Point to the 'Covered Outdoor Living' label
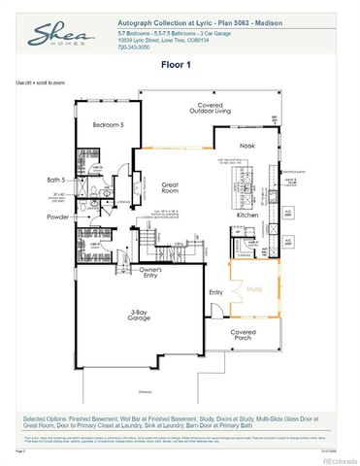(x=196, y=110)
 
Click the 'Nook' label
(x=246, y=146)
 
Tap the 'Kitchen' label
(x=246, y=228)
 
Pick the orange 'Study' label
(x=254, y=288)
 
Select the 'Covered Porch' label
(x=244, y=335)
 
